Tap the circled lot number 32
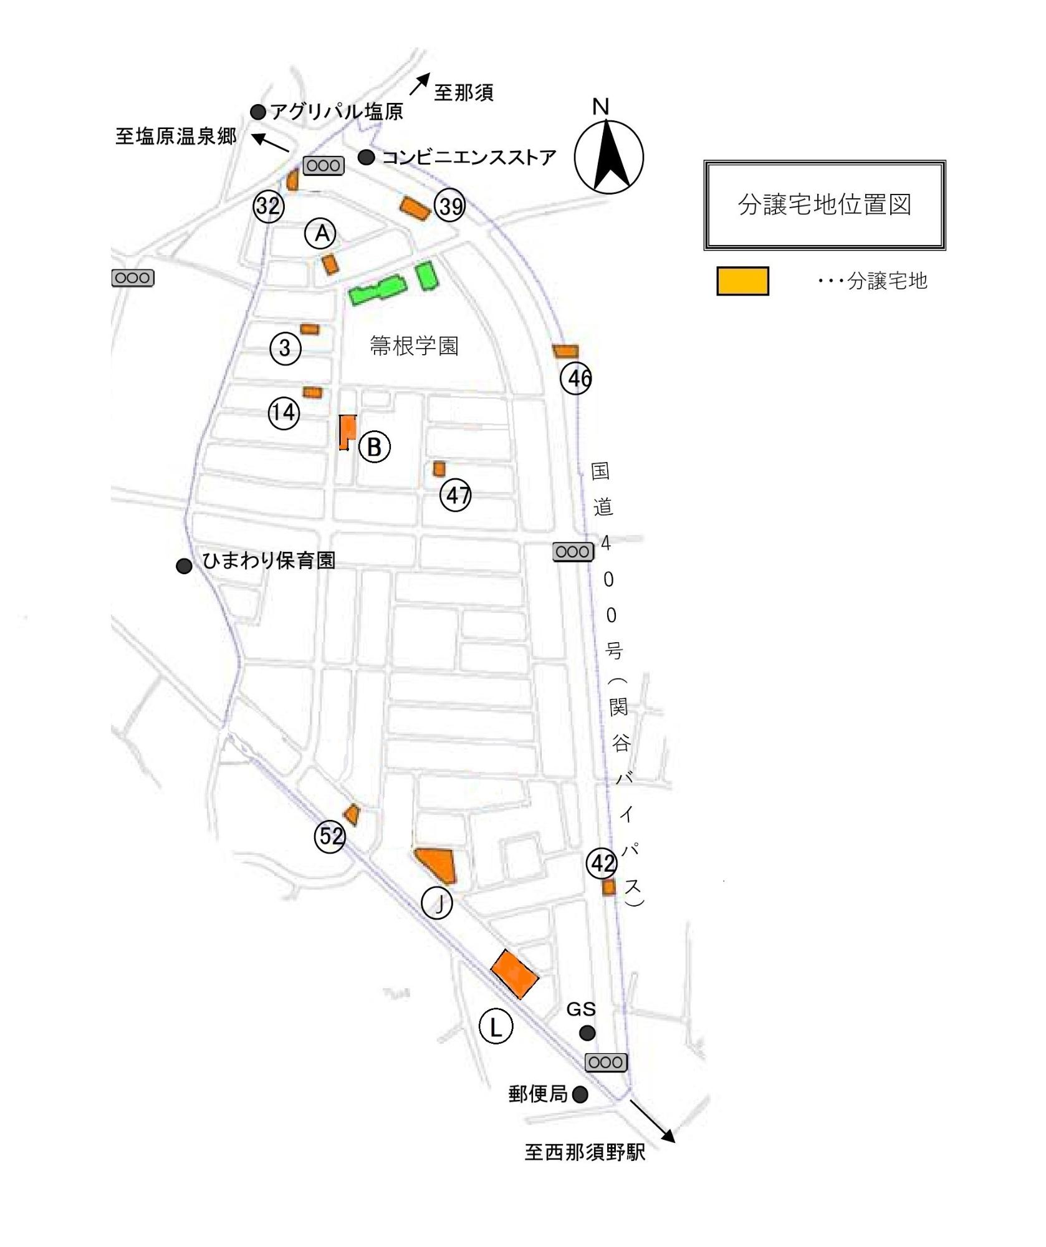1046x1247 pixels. [269, 206]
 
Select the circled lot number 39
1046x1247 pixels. [450, 205]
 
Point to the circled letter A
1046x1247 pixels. [321, 233]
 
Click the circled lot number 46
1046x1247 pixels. [577, 378]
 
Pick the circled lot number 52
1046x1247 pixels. [330, 835]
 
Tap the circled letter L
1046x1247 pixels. [496, 1027]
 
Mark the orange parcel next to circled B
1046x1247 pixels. [347, 430]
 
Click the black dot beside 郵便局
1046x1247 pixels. [580, 1094]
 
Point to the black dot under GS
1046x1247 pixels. [587, 1033]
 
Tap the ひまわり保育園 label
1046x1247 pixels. [269, 561]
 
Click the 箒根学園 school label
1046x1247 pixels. [414, 345]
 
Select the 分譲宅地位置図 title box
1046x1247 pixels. [825, 205]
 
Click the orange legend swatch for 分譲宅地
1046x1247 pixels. [742, 281]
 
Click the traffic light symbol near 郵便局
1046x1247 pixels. [606, 1062]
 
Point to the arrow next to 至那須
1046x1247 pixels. [420, 84]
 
